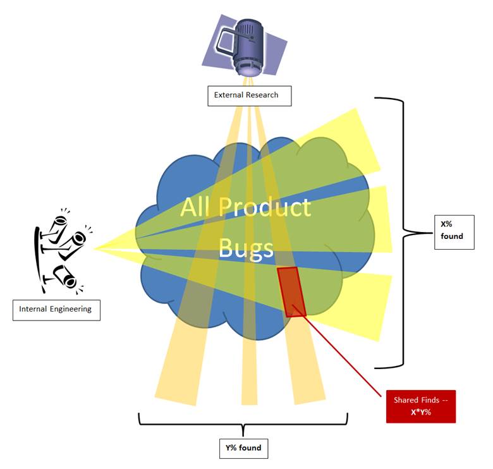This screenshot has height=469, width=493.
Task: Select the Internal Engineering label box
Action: click(56, 309)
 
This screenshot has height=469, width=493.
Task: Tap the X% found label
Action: click(453, 231)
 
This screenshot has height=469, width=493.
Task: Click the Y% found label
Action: click(243, 448)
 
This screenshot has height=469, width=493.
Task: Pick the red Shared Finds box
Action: click(420, 406)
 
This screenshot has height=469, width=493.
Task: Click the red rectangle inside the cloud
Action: click(291, 291)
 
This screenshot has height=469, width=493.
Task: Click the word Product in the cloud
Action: click(269, 208)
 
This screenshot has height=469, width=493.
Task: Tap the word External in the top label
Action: click(228, 96)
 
